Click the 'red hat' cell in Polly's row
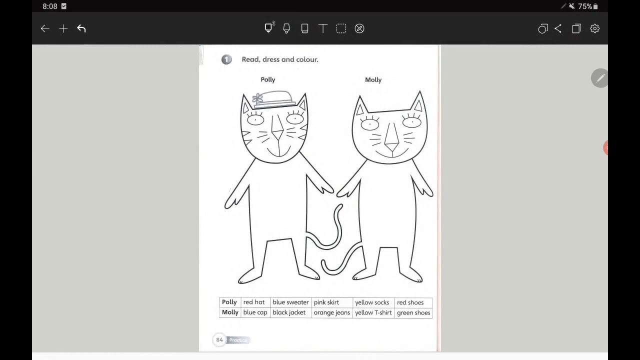pyautogui.click(x=255, y=302)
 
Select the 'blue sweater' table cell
pyautogui.click(x=290, y=302)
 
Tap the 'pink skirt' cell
pyautogui.click(x=332, y=302)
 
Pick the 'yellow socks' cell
pyautogui.click(x=373, y=302)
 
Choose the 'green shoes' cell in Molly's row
pyautogui.click(x=413, y=313)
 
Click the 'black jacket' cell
pyautogui.click(x=290, y=313)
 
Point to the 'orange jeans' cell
pyautogui.click(x=332, y=313)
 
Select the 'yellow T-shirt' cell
pyautogui.click(x=373, y=313)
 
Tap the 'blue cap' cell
pyautogui.click(x=255, y=313)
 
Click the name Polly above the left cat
pyautogui.click(x=267, y=79)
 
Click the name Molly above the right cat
pyautogui.click(x=373, y=80)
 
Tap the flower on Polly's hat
pyautogui.click(x=257, y=99)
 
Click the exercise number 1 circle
pyautogui.click(x=226, y=59)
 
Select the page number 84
pyautogui.click(x=219, y=340)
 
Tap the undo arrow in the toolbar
pyautogui.click(x=81, y=28)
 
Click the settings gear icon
pyautogui.click(x=594, y=28)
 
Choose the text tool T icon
pyautogui.click(x=323, y=28)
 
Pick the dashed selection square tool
pyautogui.click(x=341, y=28)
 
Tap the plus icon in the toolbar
pyautogui.click(x=63, y=28)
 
